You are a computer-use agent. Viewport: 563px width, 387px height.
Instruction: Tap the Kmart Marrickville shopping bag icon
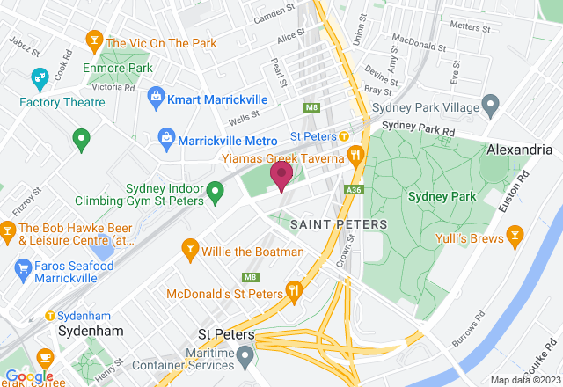coord(156,94)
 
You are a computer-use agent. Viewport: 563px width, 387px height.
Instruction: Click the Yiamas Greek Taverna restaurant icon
coord(356,157)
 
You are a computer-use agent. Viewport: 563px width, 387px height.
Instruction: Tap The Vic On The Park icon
coord(93,40)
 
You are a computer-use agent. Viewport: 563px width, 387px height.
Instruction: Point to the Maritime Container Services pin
coord(248,354)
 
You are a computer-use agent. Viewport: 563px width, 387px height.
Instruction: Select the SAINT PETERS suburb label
coord(338,224)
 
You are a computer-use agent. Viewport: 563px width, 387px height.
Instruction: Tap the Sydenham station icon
coord(50,316)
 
